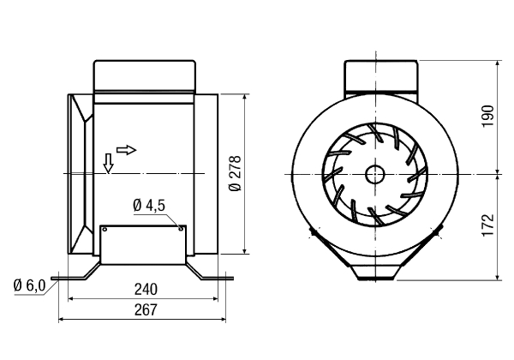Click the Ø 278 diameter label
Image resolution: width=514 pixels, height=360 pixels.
click(236, 173)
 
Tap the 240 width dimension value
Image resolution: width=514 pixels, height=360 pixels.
click(146, 290)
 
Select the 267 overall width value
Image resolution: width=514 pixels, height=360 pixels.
click(146, 309)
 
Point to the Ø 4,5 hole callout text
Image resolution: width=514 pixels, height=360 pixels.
click(149, 206)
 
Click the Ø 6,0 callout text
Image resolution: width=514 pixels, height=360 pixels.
click(29, 285)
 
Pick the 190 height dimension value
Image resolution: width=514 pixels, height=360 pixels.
click(487, 117)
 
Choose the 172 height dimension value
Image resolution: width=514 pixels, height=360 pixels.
click(487, 225)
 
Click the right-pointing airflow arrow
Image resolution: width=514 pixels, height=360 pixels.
click(126, 150)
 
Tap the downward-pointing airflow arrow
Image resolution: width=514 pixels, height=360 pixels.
click(108, 163)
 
